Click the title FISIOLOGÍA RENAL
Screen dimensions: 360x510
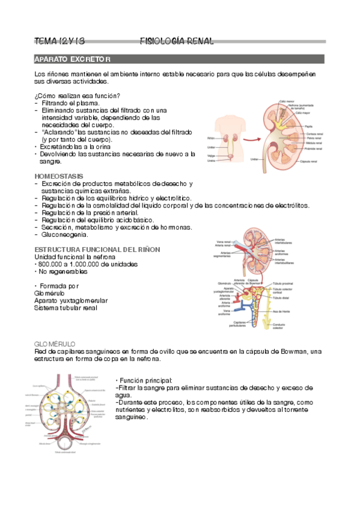pyautogui.click(x=176, y=41)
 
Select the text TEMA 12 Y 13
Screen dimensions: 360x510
pyautogui.click(x=59, y=41)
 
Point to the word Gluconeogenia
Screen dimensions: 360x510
pyautogui.click(x=65, y=235)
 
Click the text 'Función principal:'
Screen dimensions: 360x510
pyautogui.click(x=146, y=381)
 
